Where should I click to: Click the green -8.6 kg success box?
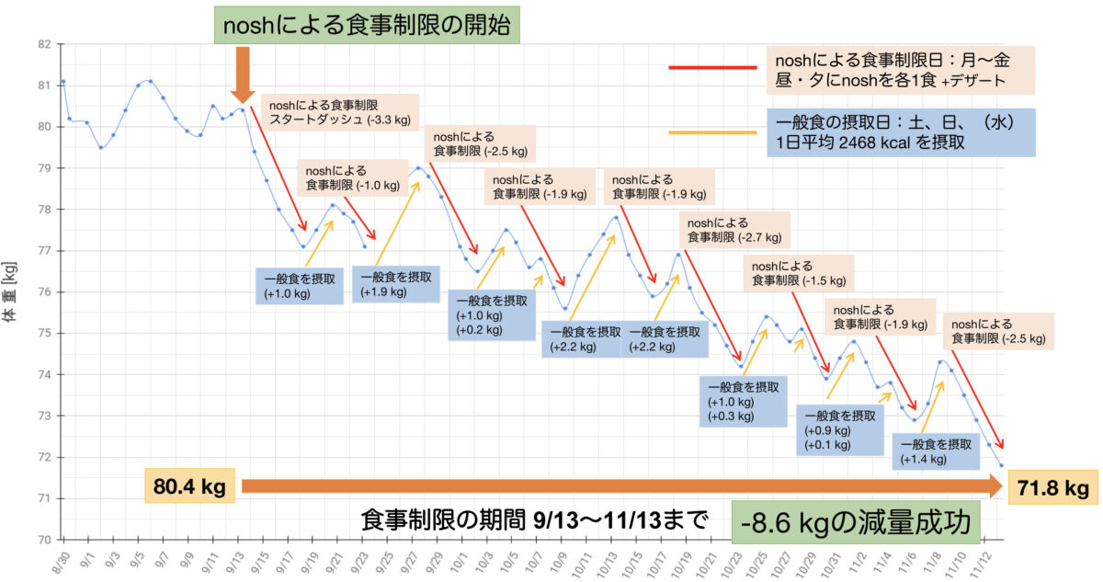(856, 523)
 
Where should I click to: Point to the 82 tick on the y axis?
(42, 43)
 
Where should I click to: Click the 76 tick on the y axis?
(42, 292)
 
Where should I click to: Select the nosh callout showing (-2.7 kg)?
(733, 229)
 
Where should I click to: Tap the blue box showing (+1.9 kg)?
(395, 284)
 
